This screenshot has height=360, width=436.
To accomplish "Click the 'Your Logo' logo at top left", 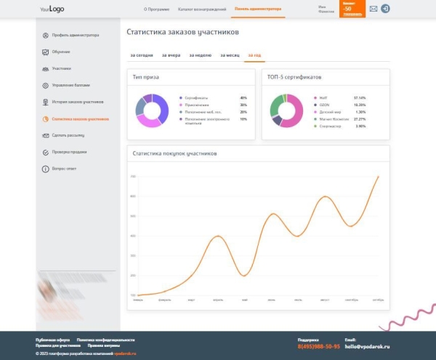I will click(x=53, y=9).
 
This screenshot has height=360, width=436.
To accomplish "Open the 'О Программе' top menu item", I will click(x=156, y=9).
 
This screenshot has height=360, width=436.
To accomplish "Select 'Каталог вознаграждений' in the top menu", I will click(x=201, y=9).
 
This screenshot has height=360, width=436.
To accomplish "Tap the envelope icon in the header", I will click(x=374, y=9).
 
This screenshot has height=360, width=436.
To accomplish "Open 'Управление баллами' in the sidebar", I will click(x=70, y=85).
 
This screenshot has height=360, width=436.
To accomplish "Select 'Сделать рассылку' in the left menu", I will click(x=68, y=135).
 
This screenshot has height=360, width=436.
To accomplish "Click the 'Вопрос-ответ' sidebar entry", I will click(x=65, y=168).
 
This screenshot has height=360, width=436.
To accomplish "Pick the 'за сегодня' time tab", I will click(x=141, y=55).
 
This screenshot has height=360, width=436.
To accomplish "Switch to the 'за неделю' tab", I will click(x=200, y=55).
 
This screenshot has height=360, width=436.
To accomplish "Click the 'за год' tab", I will click(x=254, y=55).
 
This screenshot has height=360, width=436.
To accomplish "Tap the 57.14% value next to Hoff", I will click(x=359, y=97).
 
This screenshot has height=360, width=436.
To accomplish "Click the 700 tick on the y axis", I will click(x=133, y=177).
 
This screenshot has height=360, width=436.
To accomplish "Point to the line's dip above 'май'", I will click(x=244, y=276).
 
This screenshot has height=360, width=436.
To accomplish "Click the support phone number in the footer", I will click(x=318, y=346).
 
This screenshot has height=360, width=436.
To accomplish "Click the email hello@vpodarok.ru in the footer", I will click(x=368, y=346).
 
